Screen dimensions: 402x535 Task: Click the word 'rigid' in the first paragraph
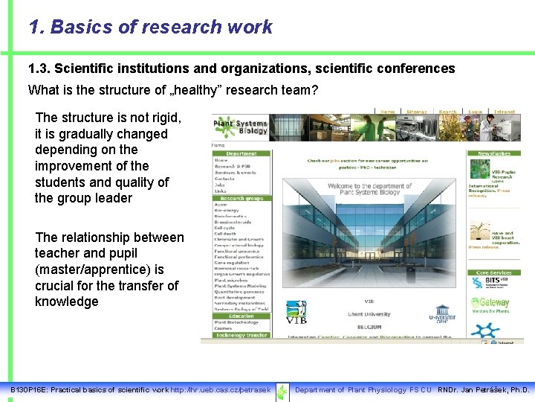click(165, 118)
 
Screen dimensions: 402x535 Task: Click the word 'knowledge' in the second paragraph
click(67, 301)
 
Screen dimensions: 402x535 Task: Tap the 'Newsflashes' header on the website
click(494, 153)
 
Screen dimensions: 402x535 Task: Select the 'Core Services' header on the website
click(493, 273)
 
